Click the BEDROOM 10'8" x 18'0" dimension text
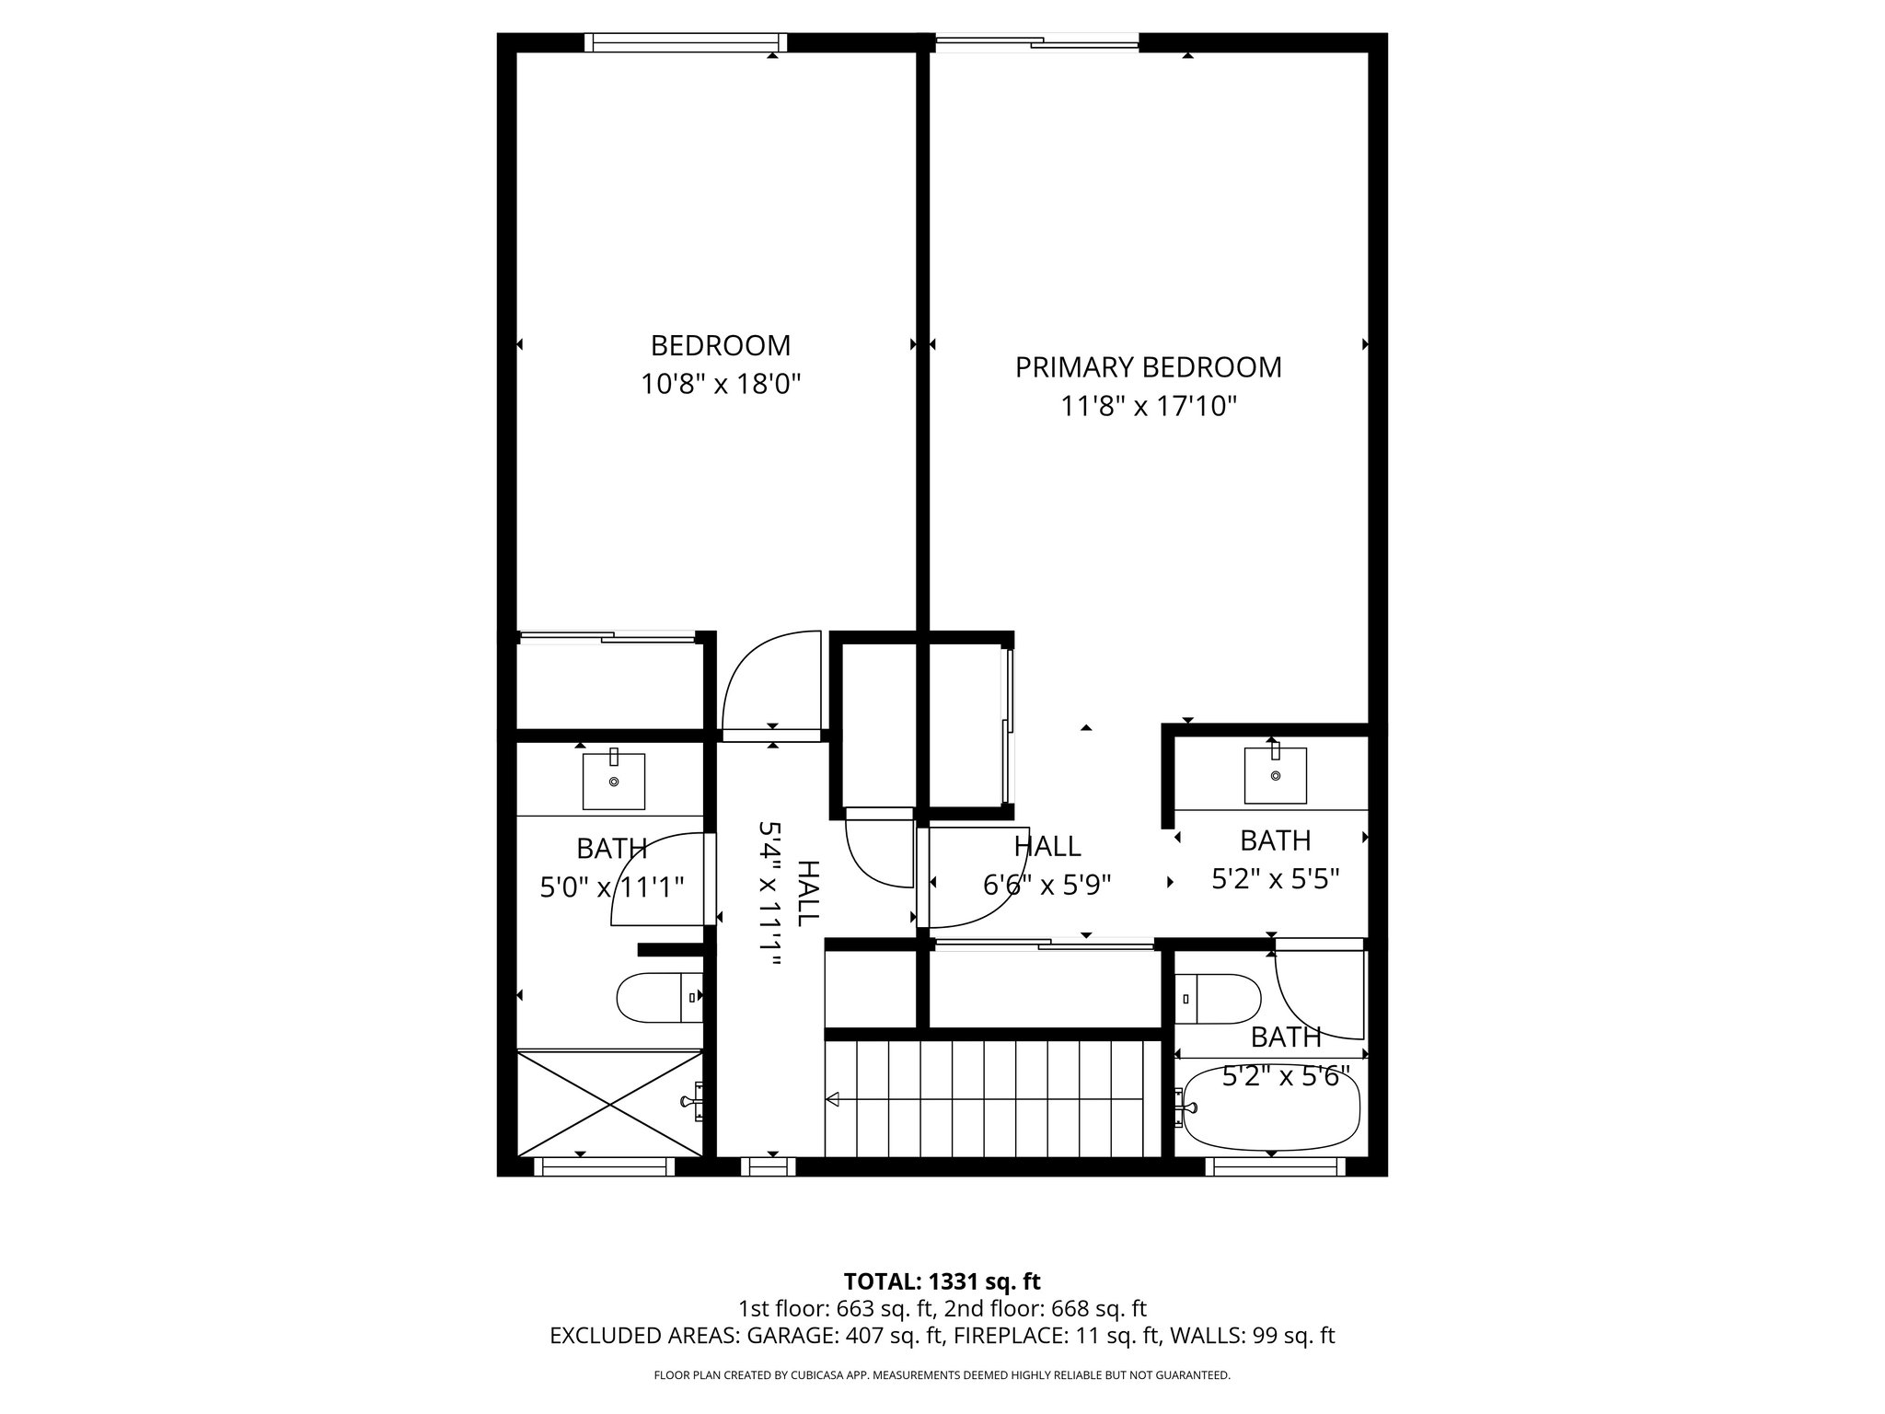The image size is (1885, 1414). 721,384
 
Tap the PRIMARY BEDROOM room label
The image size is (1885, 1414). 1148,367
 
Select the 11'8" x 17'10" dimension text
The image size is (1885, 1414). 1148,406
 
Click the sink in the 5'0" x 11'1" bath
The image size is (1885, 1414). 613,782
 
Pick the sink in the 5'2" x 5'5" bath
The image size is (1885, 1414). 1275,775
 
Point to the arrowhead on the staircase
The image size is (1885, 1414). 833,1099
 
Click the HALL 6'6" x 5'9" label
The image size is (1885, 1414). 1047,865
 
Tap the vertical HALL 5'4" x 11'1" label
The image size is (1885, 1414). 788,894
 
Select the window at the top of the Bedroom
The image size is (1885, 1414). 686,42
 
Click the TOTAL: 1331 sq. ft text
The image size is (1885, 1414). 942,1281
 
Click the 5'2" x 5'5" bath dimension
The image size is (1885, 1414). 1274,879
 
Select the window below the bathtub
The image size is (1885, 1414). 1275,1167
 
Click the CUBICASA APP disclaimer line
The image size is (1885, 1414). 942,1375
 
